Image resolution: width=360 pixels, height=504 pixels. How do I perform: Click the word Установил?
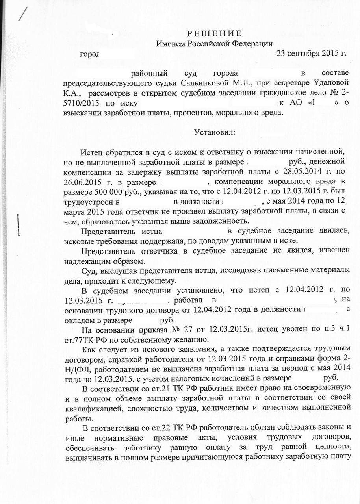(214, 132)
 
